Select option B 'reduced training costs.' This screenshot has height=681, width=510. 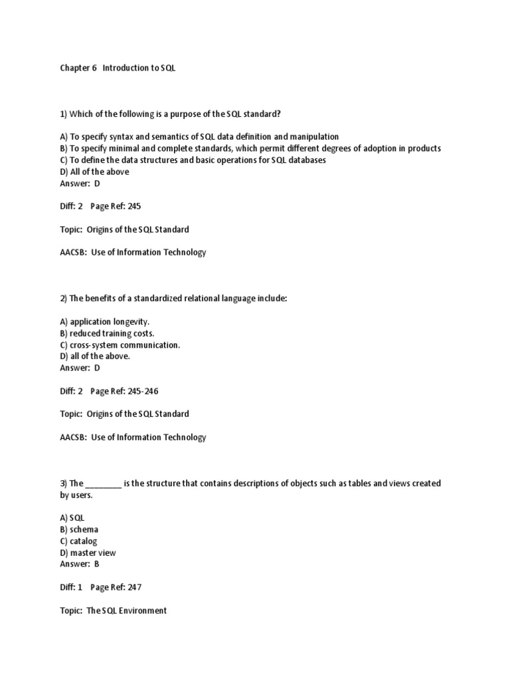tap(112, 333)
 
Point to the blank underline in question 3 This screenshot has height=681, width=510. tap(104, 483)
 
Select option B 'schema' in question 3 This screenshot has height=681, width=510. tap(79, 529)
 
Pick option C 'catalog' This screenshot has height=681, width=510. tap(78, 541)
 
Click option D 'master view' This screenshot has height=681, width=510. tap(88, 553)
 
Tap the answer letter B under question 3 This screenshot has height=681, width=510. tap(97, 564)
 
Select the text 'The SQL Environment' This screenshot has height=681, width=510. tap(127, 611)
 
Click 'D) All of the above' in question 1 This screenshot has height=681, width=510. tap(94, 172)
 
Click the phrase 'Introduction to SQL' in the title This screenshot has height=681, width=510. tap(139, 68)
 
